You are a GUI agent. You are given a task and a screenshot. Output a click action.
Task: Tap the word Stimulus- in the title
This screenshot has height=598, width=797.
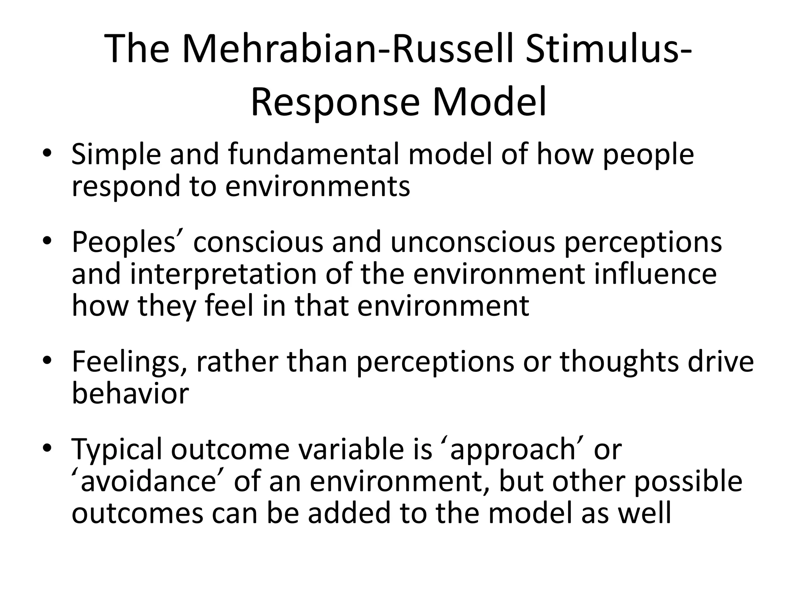(x=609, y=49)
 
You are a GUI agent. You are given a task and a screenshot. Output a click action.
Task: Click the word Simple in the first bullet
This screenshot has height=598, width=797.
(x=116, y=155)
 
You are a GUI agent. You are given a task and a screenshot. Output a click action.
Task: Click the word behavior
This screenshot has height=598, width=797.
(x=130, y=393)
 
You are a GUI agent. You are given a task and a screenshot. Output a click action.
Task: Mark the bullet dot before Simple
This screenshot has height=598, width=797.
(x=47, y=153)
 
